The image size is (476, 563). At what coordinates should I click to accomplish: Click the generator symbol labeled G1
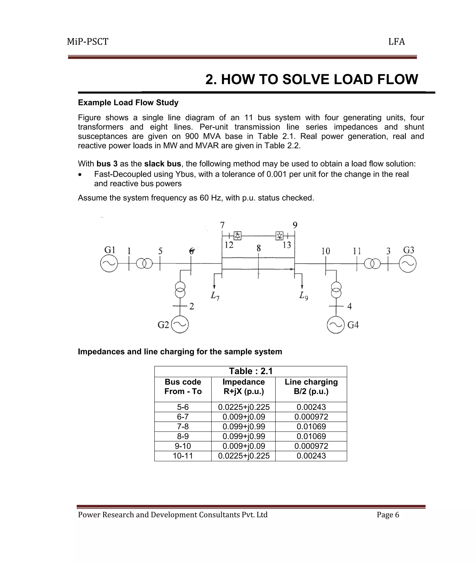[109, 263]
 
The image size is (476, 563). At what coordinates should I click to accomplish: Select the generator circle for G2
[180, 324]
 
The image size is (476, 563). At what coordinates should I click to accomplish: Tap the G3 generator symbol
[407, 263]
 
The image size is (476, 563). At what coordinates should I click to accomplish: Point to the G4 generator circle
[336, 325]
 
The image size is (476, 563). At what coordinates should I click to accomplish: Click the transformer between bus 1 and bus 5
[144, 263]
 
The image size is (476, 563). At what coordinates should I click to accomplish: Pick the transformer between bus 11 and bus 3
[372, 263]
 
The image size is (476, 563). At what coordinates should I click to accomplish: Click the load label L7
[215, 296]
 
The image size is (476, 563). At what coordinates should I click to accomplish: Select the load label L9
[304, 296]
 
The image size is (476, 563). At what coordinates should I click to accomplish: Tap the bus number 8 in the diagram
[258, 248]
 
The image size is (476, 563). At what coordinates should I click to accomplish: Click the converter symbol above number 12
[238, 236]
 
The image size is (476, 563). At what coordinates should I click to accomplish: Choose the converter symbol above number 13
[280, 236]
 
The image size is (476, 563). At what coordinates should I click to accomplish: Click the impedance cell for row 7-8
[243, 427]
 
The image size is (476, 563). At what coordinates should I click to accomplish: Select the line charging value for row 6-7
[311, 417]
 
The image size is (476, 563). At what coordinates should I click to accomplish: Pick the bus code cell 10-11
[183, 456]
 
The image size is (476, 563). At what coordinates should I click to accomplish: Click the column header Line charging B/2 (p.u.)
[311, 387]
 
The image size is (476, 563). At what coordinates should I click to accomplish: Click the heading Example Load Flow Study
[128, 102]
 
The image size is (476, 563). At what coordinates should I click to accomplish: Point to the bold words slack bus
[162, 164]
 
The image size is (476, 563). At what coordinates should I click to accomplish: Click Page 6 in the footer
[388, 515]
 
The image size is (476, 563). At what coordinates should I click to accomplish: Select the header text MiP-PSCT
[88, 42]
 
